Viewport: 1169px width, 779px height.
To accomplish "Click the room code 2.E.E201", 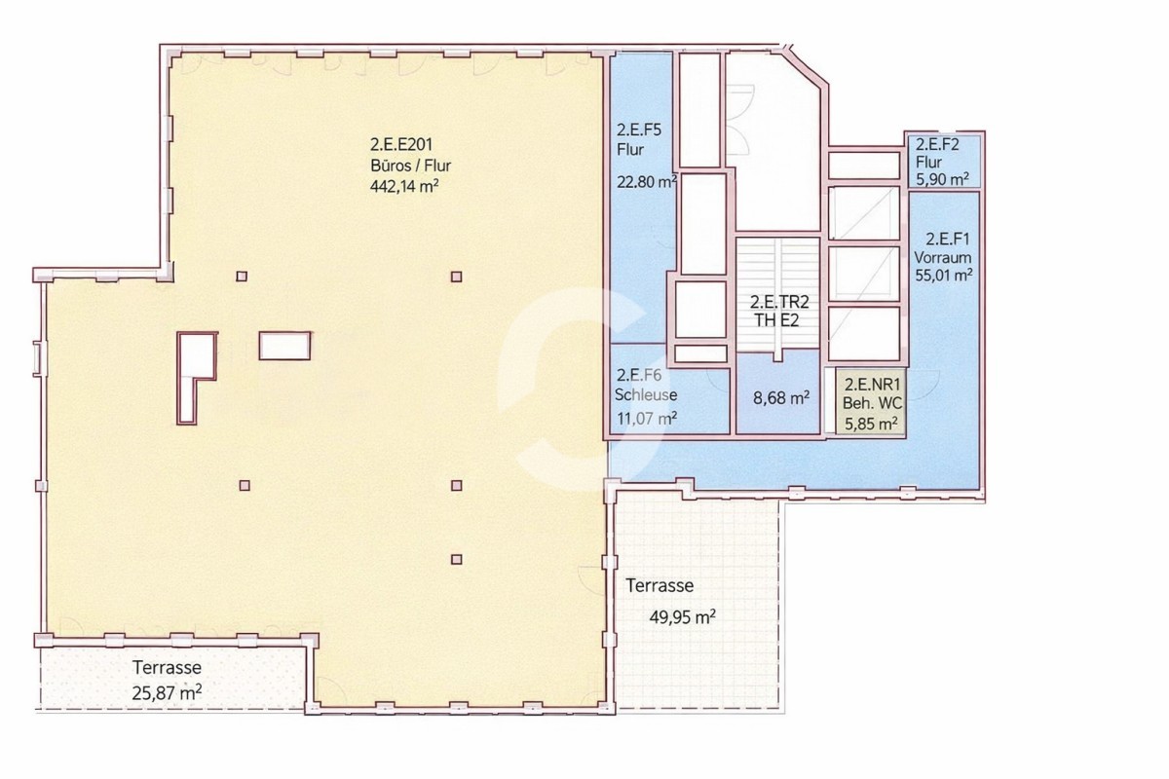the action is click(x=401, y=144).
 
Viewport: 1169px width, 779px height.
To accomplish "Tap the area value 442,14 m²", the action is click(x=404, y=186).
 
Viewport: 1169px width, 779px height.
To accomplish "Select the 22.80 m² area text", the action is click(x=647, y=181).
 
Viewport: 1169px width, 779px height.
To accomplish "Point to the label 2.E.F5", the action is click(x=639, y=130).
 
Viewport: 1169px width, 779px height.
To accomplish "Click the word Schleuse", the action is click(x=646, y=395).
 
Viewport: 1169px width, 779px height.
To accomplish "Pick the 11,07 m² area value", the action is click(x=647, y=418).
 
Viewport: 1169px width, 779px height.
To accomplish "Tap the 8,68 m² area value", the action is click(x=781, y=398).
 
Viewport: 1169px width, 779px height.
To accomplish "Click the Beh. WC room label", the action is click(x=872, y=403).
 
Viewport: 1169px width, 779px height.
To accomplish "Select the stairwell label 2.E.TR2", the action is click(x=779, y=302).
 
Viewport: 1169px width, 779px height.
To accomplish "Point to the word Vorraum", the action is click(x=943, y=257).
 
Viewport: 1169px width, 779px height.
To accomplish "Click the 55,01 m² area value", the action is click(x=944, y=275).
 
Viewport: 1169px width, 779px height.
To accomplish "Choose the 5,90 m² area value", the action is click(x=943, y=179).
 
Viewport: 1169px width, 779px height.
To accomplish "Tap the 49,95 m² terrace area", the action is click(x=682, y=617).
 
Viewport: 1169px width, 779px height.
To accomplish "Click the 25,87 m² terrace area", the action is click(x=167, y=693).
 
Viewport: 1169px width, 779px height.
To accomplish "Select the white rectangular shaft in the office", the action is click(x=284, y=346).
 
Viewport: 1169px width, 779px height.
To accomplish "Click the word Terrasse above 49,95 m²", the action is click(x=660, y=585).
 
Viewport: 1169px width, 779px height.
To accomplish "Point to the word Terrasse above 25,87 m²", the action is click(x=167, y=667).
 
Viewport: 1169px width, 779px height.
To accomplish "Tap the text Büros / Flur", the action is click(x=410, y=166).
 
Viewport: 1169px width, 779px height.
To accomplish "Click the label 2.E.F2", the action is click(x=938, y=144).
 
